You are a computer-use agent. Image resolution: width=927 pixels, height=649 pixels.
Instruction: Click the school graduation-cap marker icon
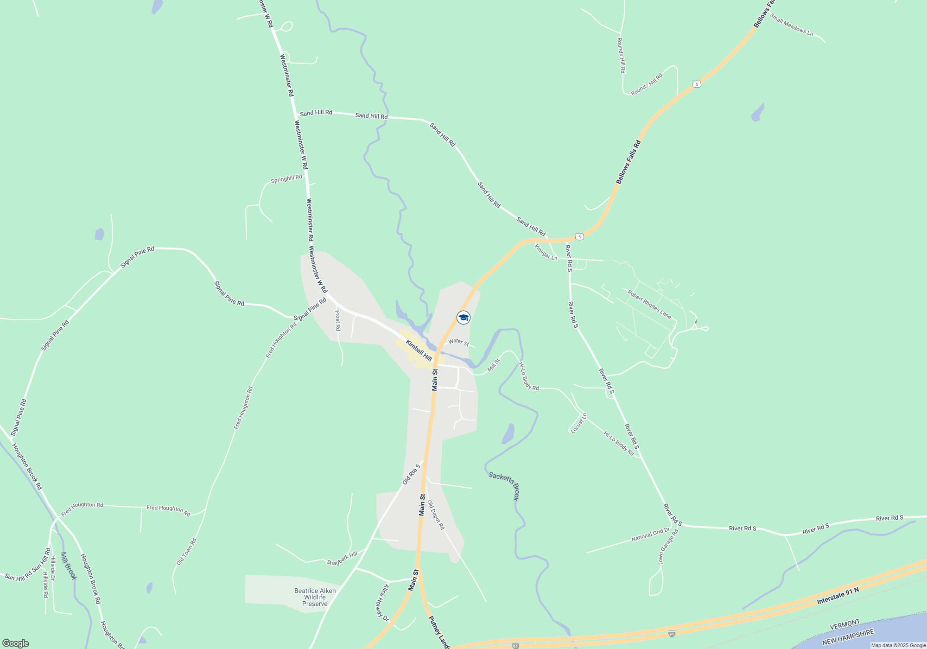(463, 318)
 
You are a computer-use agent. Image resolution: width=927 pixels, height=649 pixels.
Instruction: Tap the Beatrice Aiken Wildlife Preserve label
(315, 597)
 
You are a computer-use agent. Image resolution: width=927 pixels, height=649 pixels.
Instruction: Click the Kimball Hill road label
(419, 350)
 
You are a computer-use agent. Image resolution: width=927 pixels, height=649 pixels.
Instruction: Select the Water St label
(458, 342)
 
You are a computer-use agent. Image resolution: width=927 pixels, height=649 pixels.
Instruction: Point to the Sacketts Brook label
(504, 485)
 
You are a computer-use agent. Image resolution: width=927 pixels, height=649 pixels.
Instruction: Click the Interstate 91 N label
(838, 596)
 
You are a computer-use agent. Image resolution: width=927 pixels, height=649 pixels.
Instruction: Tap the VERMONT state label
(844, 624)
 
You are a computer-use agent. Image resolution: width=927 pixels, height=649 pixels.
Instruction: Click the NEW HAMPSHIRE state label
(848, 637)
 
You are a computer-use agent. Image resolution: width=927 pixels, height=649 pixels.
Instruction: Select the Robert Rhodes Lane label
(649, 304)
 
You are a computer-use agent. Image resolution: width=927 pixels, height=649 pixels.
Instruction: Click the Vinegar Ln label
(546, 252)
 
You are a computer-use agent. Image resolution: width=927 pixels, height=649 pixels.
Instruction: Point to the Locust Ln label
(579, 423)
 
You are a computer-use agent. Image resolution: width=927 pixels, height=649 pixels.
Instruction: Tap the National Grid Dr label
(650, 534)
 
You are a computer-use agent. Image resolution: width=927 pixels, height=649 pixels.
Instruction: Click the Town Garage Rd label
(668, 547)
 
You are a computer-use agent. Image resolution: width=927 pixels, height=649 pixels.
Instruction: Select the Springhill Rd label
(286, 178)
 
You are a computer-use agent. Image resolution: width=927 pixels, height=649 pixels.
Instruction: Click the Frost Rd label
(338, 321)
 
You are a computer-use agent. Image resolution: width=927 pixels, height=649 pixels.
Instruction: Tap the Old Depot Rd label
(436, 515)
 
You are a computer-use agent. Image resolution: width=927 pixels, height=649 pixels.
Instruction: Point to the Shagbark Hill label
(342, 559)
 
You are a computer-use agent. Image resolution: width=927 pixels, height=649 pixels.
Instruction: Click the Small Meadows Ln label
(792, 25)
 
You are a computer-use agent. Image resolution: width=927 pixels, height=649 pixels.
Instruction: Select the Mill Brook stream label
(68, 566)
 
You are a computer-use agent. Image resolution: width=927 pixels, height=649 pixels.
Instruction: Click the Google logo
(16, 643)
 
